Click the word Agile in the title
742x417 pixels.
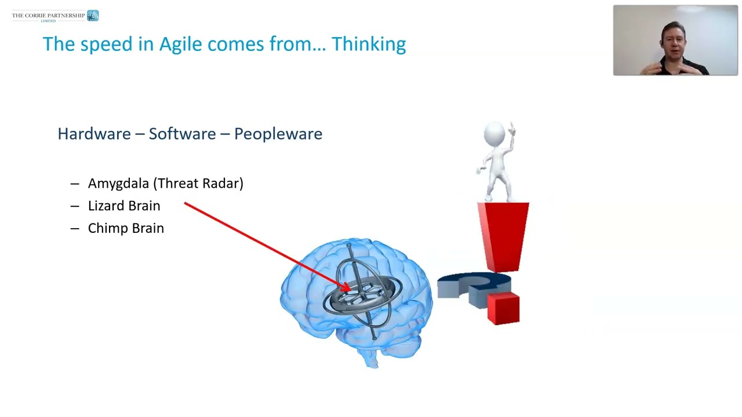coord(180,45)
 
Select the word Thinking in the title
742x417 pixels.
coord(368,45)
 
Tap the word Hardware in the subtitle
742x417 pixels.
coord(94,134)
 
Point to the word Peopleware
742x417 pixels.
coord(278,134)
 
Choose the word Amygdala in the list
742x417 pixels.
coord(119,184)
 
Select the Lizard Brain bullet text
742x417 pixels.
coord(124,206)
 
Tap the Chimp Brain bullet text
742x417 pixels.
coord(126,228)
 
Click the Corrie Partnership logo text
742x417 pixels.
coord(48,16)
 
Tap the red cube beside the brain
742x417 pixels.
coord(503,308)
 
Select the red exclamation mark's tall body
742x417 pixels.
coord(503,235)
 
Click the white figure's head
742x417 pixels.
coord(494,133)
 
